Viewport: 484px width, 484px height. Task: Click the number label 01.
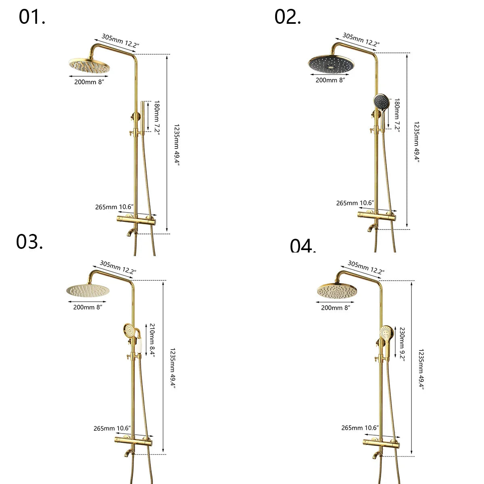32,17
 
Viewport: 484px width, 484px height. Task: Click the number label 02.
288,17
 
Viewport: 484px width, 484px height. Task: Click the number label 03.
29,242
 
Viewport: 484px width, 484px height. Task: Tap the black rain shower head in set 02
331,64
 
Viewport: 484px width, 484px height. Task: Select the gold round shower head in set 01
89,67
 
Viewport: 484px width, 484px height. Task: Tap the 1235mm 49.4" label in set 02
417,142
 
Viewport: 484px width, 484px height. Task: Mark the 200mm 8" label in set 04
336,308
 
